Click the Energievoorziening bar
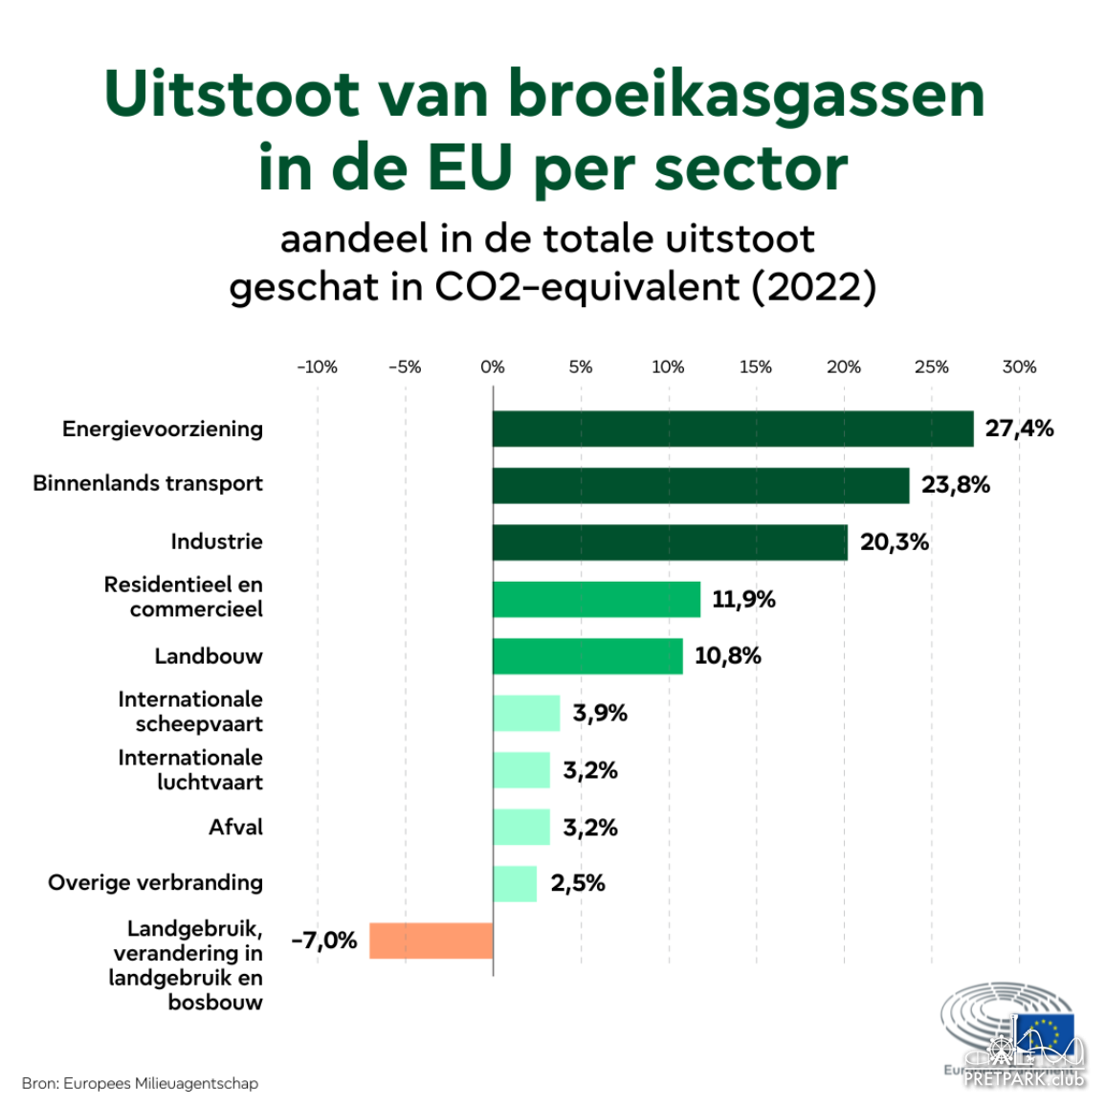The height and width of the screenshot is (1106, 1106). coord(733,429)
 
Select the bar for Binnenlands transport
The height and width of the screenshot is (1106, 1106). coord(700,485)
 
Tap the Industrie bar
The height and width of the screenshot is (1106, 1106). coord(670,542)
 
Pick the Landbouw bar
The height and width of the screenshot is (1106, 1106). coord(587,656)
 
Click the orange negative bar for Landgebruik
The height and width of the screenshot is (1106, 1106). coord(431,940)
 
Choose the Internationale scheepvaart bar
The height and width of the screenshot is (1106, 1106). coord(526,713)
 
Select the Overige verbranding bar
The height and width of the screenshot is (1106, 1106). coord(515,884)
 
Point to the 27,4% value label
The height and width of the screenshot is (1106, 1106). coord(1019,429)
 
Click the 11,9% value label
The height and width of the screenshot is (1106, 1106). coord(743,600)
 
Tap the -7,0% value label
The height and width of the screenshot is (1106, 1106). coord(324,940)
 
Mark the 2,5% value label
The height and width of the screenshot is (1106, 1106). coord(578,883)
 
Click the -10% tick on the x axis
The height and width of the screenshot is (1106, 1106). coord(317,367)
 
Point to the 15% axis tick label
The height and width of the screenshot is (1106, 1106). coord(756,367)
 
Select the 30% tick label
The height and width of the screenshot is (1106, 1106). coord(1019,367)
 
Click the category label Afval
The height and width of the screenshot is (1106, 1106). coord(235,828)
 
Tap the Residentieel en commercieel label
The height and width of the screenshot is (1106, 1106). coord(184,597)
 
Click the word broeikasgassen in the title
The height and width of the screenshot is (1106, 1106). coord(746,96)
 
